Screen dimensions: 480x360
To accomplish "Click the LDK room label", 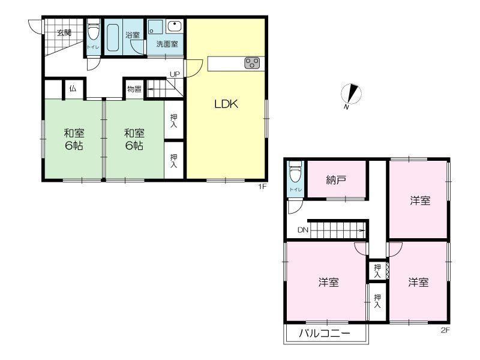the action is pyautogui.click(x=226, y=104).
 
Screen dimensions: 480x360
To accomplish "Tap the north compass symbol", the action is pyautogui.click(x=351, y=94).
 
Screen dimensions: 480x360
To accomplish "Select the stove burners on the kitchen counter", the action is pyautogui.click(x=252, y=64).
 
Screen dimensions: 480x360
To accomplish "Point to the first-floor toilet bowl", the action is pyautogui.click(x=94, y=29).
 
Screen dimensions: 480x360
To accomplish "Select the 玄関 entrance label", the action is pyautogui.click(x=64, y=33).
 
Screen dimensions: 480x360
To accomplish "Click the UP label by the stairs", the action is pyautogui.click(x=175, y=74).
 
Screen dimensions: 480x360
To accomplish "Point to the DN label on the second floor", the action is pyautogui.click(x=303, y=230).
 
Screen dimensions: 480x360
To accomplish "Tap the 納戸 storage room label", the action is pyautogui.click(x=336, y=179).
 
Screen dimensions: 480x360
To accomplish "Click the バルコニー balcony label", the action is pyautogui.click(x=324, y=333).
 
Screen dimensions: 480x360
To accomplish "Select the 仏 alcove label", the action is pyautogui.click(x=73, y=89).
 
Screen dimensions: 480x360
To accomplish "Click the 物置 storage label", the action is pyautogui.click(x=134, y=89).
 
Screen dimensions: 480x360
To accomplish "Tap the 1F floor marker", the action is pyautogui.click(x=262, y=186).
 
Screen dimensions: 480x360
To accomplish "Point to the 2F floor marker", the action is pyautogui.click(x=445, y=331).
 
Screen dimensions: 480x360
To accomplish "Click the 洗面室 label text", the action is pyautogui.click(x=167, y=44).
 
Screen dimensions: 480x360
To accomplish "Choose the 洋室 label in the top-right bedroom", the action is pyautogui.click(x=420, y=200).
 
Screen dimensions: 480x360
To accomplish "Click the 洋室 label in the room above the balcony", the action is pyautogui.click(x=328, y=282).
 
